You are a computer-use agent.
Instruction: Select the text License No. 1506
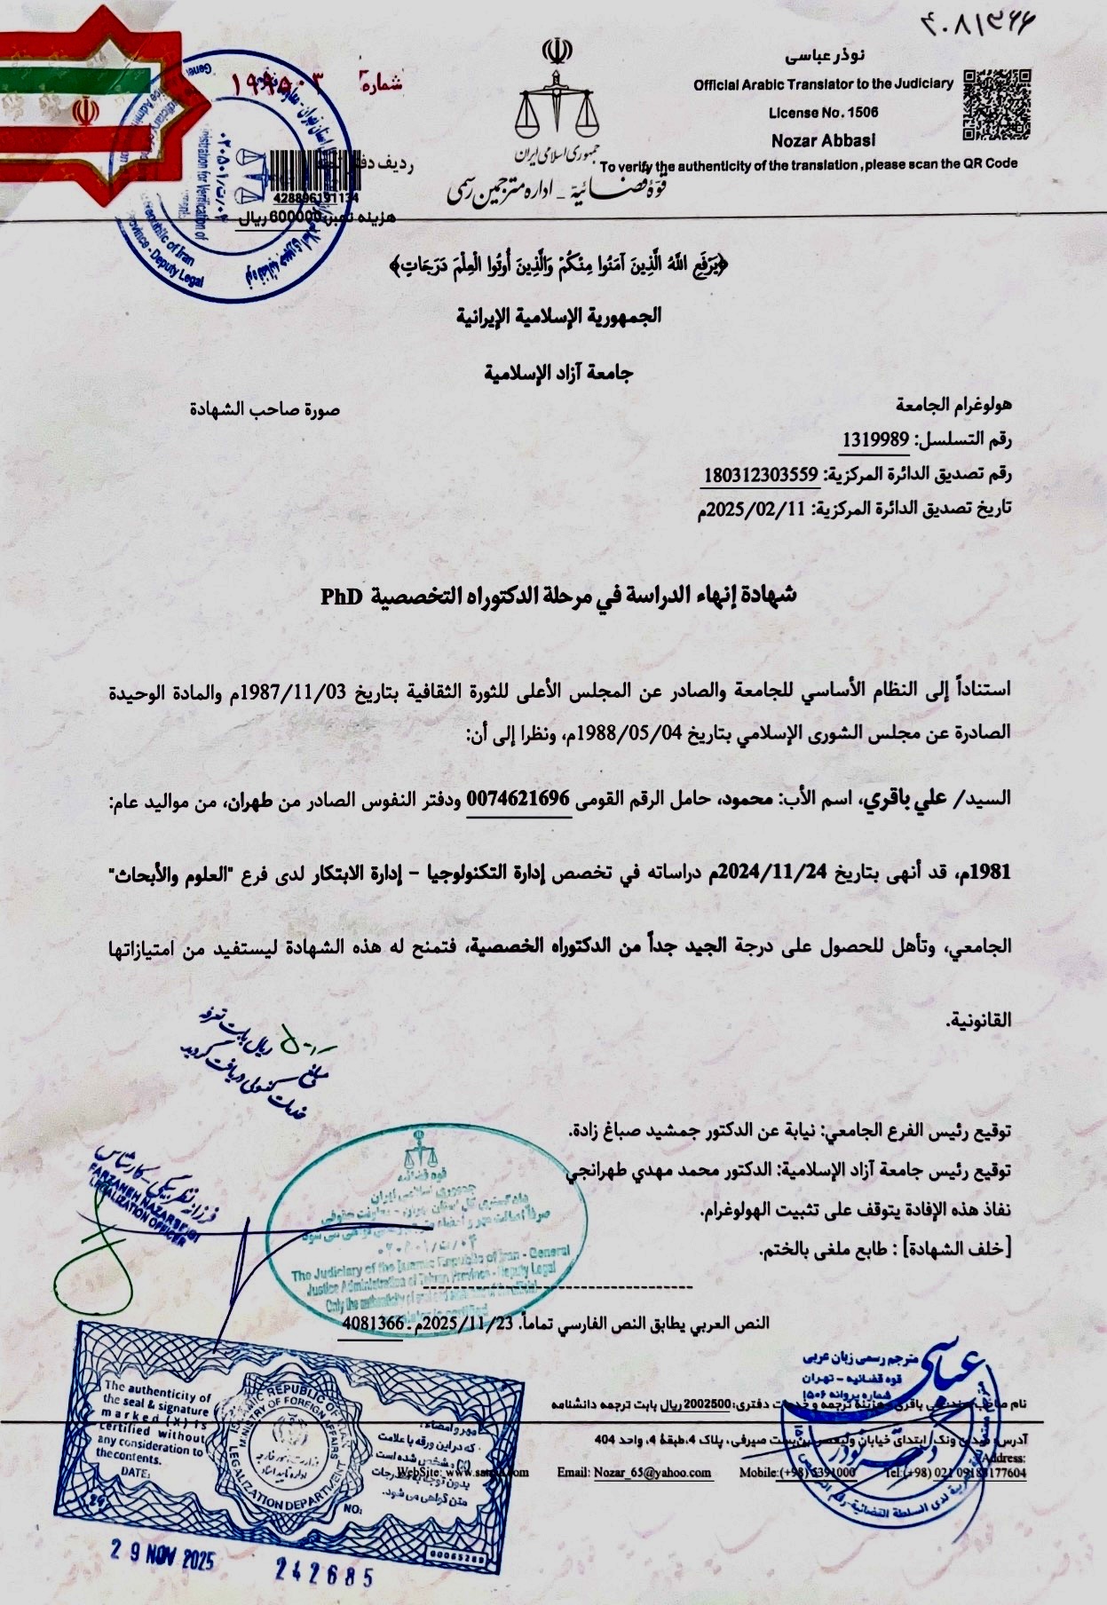(823, 113)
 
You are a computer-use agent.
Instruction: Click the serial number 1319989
(873, 439)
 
